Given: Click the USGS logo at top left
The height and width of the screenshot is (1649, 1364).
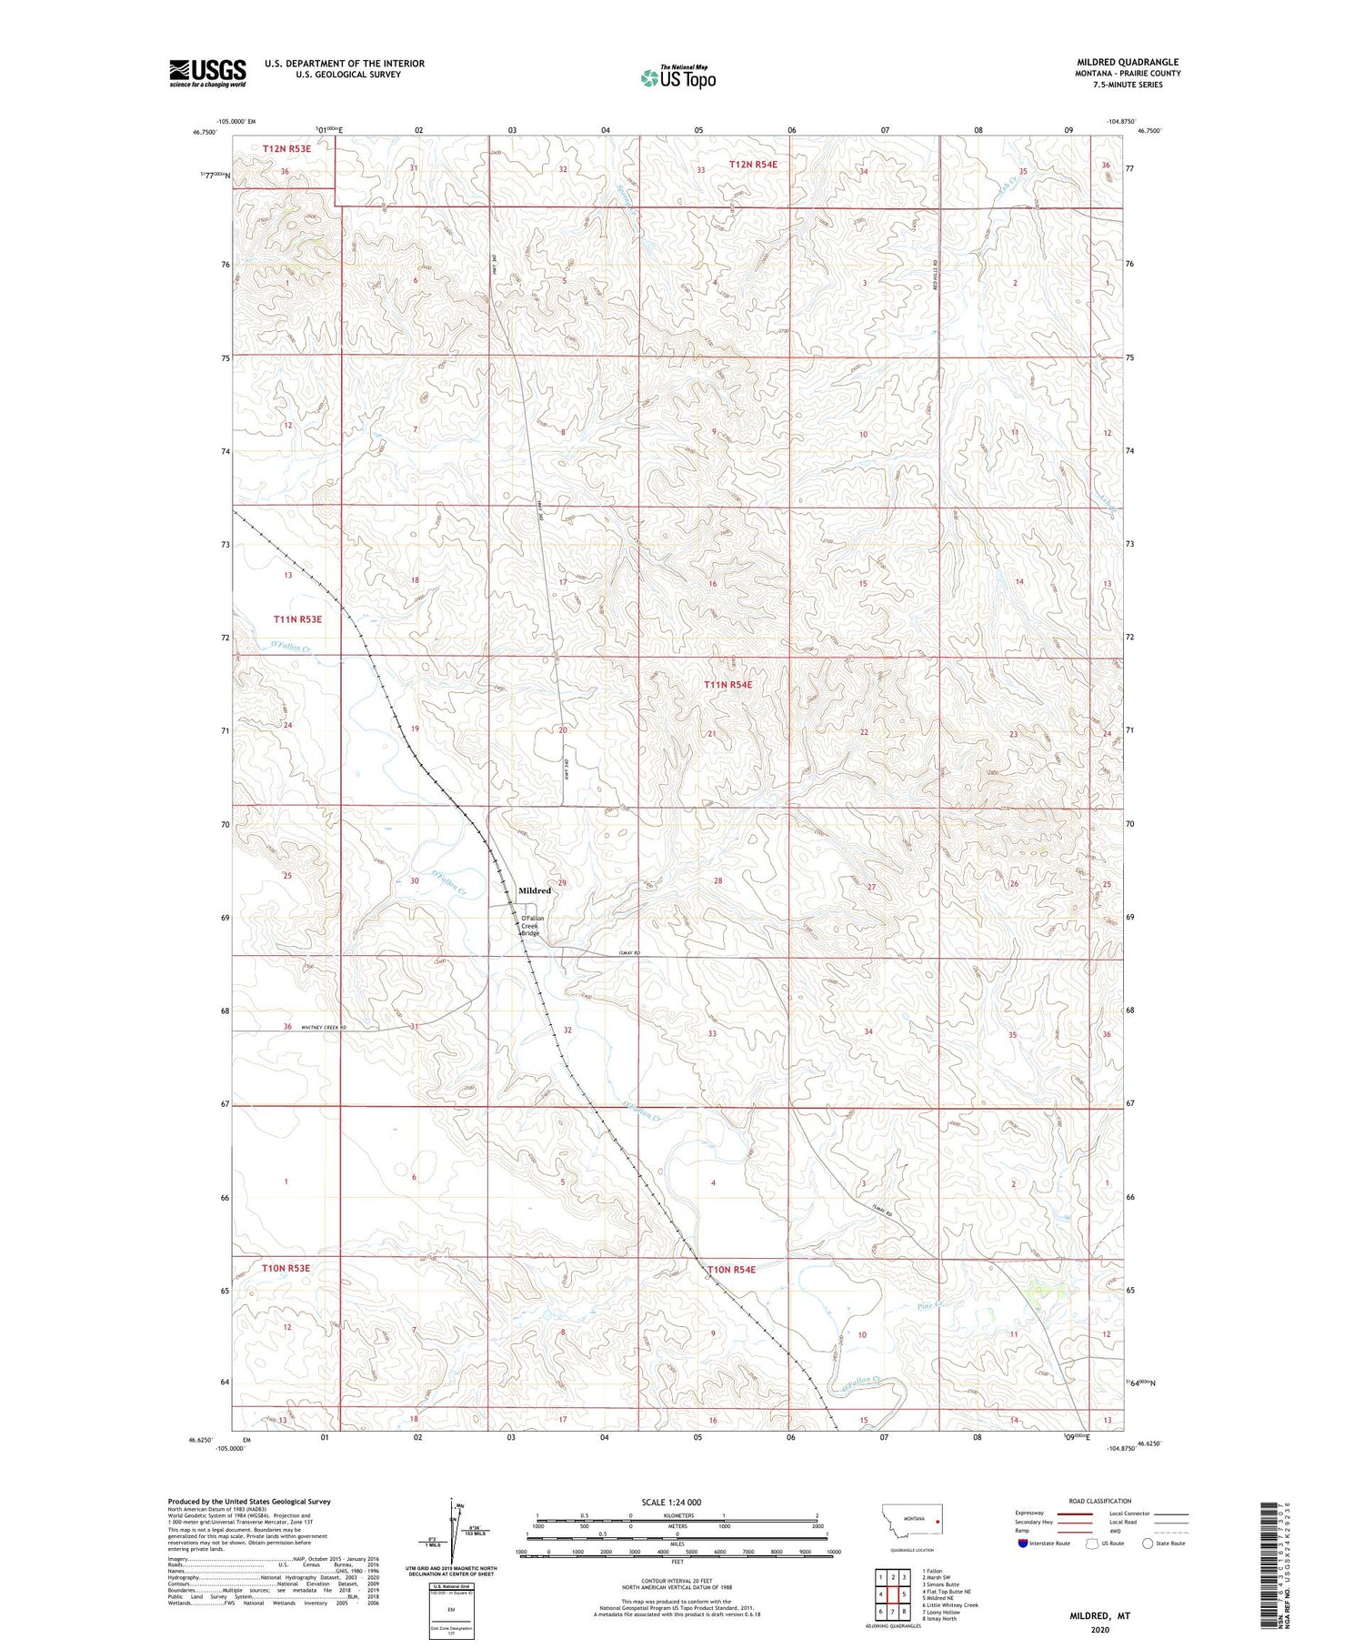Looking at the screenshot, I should pos(207,73).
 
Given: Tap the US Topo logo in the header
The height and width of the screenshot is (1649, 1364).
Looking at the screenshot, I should pos(678,77).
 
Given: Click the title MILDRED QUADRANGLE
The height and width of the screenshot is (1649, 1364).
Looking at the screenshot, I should pos(1128,62).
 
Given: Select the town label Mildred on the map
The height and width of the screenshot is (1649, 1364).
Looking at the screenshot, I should pos(535,890).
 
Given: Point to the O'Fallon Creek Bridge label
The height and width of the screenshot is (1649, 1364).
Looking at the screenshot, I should pos(531,926).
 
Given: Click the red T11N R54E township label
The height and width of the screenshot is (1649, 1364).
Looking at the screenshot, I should pos(727,684).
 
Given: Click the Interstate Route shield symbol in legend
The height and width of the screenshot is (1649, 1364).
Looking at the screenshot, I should pos(1023,1543).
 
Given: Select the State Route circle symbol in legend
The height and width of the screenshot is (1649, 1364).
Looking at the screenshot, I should pos(1148,1543).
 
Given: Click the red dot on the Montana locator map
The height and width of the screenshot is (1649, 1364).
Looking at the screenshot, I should pos(937,1519).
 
